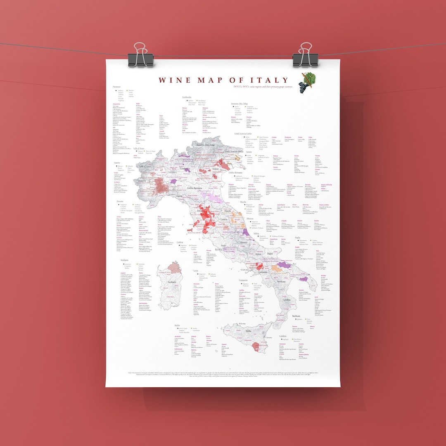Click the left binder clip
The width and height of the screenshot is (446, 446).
pyautogui.click(x=140, y=55)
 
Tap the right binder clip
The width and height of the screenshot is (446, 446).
pyautogui.click(x=306, y=55)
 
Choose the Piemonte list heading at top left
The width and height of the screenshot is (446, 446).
pyautogui.click(x=116, y=87)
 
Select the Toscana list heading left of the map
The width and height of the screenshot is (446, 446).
pyautogui.click(x=119, y=202)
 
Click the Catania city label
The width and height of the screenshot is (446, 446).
pyautogui.click(x=268, y=338)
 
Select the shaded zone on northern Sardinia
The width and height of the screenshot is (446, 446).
pyautogui.click(x=174, y=267)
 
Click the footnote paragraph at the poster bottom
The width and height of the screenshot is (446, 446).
pyautogui.click(x=223, y=374)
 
